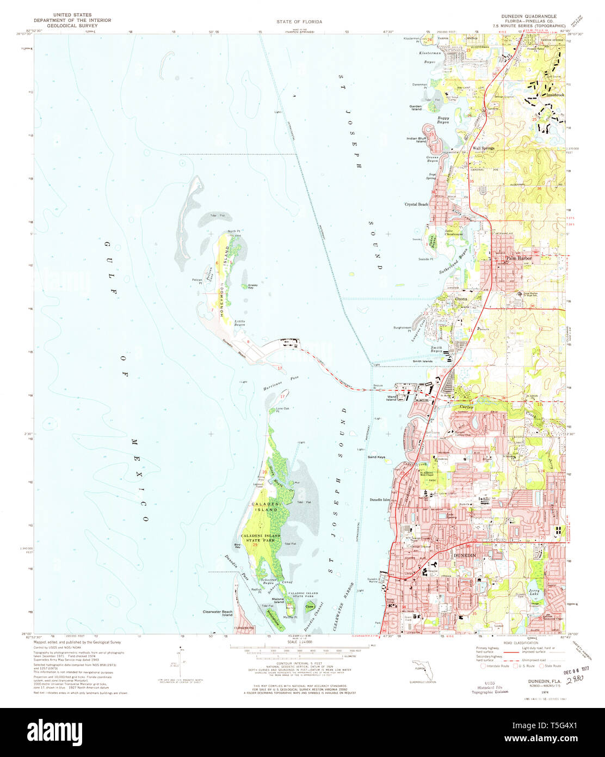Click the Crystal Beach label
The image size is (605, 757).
click(x=416, y=204)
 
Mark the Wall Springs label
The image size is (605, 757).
click(x=483, y=148)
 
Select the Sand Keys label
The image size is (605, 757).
click(x=376, y=457)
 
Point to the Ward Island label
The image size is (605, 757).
click(x=391, y=398)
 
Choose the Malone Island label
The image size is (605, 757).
click(x=279, y=600)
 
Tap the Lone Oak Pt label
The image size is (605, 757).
click(x=282, y=410)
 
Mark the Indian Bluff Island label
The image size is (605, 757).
click(x=416, y=140)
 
